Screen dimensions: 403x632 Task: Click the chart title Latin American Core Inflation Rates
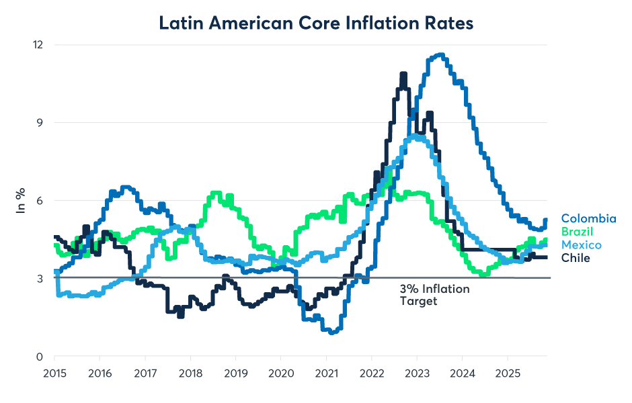pyautogui.click(x=316, y=22)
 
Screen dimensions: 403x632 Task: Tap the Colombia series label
pyautogui.click(x=588, y=218)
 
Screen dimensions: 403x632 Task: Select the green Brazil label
pyautogui.click(x=578, y=232)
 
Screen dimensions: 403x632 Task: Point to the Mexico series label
pyautogui.click(x=581, y=244)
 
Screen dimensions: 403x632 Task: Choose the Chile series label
pyautogui.click(x=576, y=258)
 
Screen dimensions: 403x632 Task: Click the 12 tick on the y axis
pyautogui.click(x=38, y=45)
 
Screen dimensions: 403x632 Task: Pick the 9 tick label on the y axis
pyautogui.click(x=40, y=123)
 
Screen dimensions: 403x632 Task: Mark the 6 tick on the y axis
pyautogui.click(x=40, y=201)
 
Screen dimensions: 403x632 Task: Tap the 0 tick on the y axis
pyautogui.click(x=40, y=357)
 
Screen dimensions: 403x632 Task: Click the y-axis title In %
pyautogui.click(x=21, y=201)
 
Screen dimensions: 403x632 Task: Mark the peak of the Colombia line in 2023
pyautogui.click(x=440, y=55)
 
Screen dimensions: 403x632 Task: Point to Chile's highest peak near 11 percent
pyautogui.click(x=403, y=75)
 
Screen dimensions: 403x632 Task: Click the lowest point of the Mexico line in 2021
pyautogui.click(x=331, y=331)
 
